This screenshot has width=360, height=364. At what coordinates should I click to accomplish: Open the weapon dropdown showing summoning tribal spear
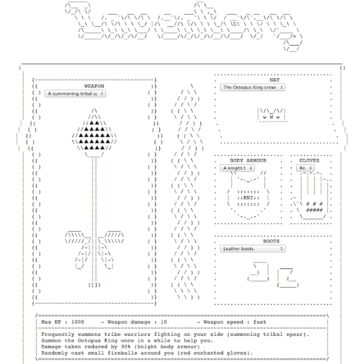[x=75, y=93]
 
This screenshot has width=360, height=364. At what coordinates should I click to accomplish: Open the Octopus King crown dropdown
[x=253, y=87]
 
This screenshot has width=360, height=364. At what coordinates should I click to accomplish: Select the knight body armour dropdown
[x=238, y=168]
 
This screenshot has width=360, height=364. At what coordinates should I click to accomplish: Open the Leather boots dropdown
[x=253, y=248]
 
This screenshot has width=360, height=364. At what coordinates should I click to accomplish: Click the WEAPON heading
[x=94, y=86]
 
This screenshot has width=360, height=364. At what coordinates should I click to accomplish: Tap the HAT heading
[x=274, y=80]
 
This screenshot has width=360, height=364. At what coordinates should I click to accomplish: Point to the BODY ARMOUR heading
[x=248, y=161]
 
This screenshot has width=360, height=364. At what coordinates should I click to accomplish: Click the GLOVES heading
[x=309, y=161]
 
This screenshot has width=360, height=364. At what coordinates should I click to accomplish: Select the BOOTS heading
[x=271, y=241]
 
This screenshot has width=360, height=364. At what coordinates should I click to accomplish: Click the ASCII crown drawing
[x=272, y=114]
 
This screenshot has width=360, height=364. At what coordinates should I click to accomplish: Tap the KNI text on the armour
[x=248, y=198]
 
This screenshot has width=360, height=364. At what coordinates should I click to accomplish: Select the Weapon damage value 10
[x=164, y=322]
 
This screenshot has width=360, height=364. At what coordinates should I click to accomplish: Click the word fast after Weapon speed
[x=260, y=322]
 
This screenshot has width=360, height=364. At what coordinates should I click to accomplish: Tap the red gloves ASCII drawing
[x=312, y=196]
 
